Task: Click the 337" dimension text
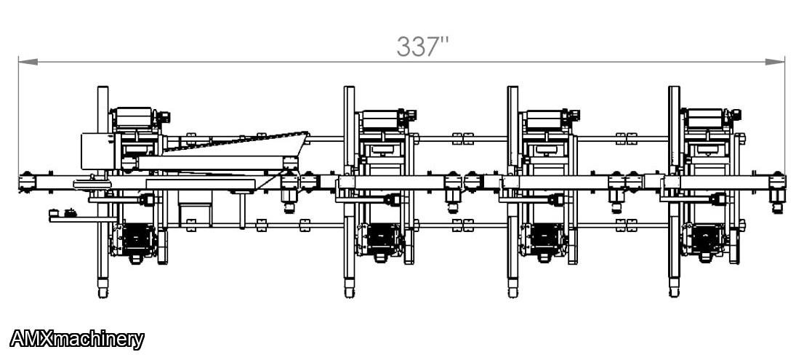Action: coord(422,47)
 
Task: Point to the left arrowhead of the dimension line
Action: coord(28,62)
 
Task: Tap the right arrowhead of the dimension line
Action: coord(775,62)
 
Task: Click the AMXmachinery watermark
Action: coord(76,340)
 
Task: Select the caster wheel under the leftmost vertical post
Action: coord(102,292)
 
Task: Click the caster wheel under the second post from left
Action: coord(350,292)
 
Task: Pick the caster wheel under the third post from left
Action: coord(512,292)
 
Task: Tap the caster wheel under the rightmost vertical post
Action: coord(674,292)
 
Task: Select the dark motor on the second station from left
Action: coord(383,240)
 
